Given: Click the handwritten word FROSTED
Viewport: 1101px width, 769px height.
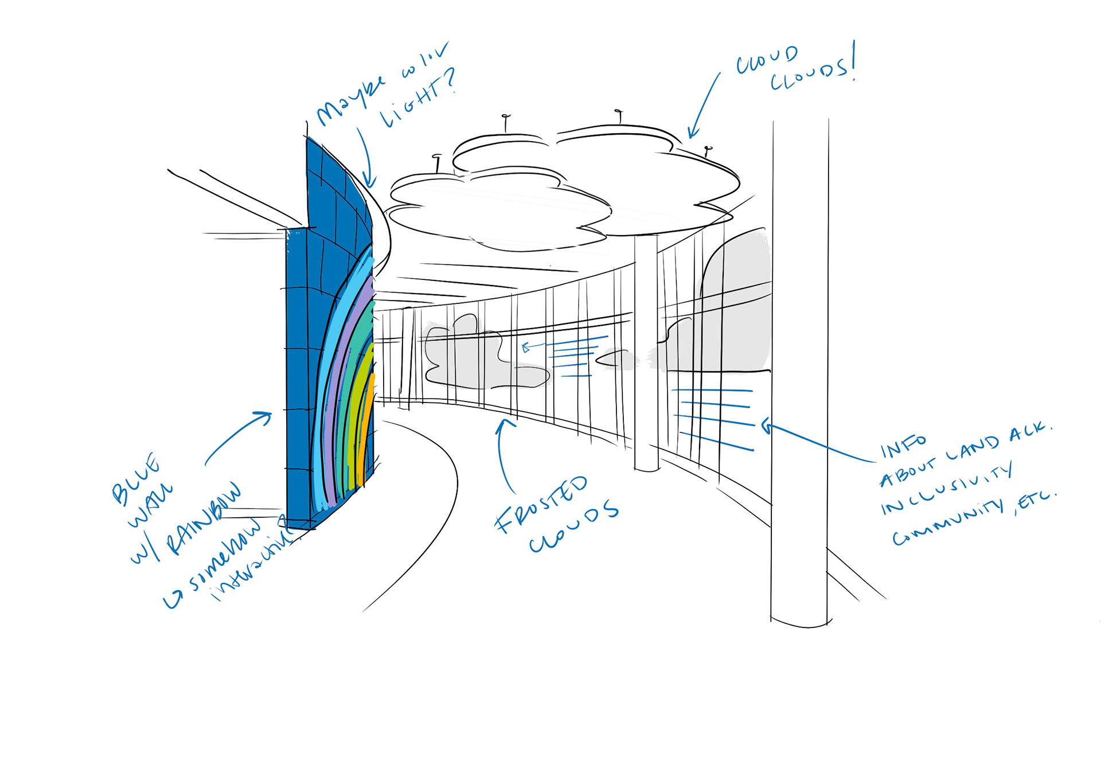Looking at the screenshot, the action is (541, 504).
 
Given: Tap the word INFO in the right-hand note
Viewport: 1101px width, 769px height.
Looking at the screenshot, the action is (903, 446).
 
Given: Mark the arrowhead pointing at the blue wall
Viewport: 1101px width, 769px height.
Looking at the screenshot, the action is (267, 415).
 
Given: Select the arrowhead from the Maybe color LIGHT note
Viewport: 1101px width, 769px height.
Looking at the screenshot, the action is (370, 182).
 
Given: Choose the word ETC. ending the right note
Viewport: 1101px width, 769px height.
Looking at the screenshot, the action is (1035, 502).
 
